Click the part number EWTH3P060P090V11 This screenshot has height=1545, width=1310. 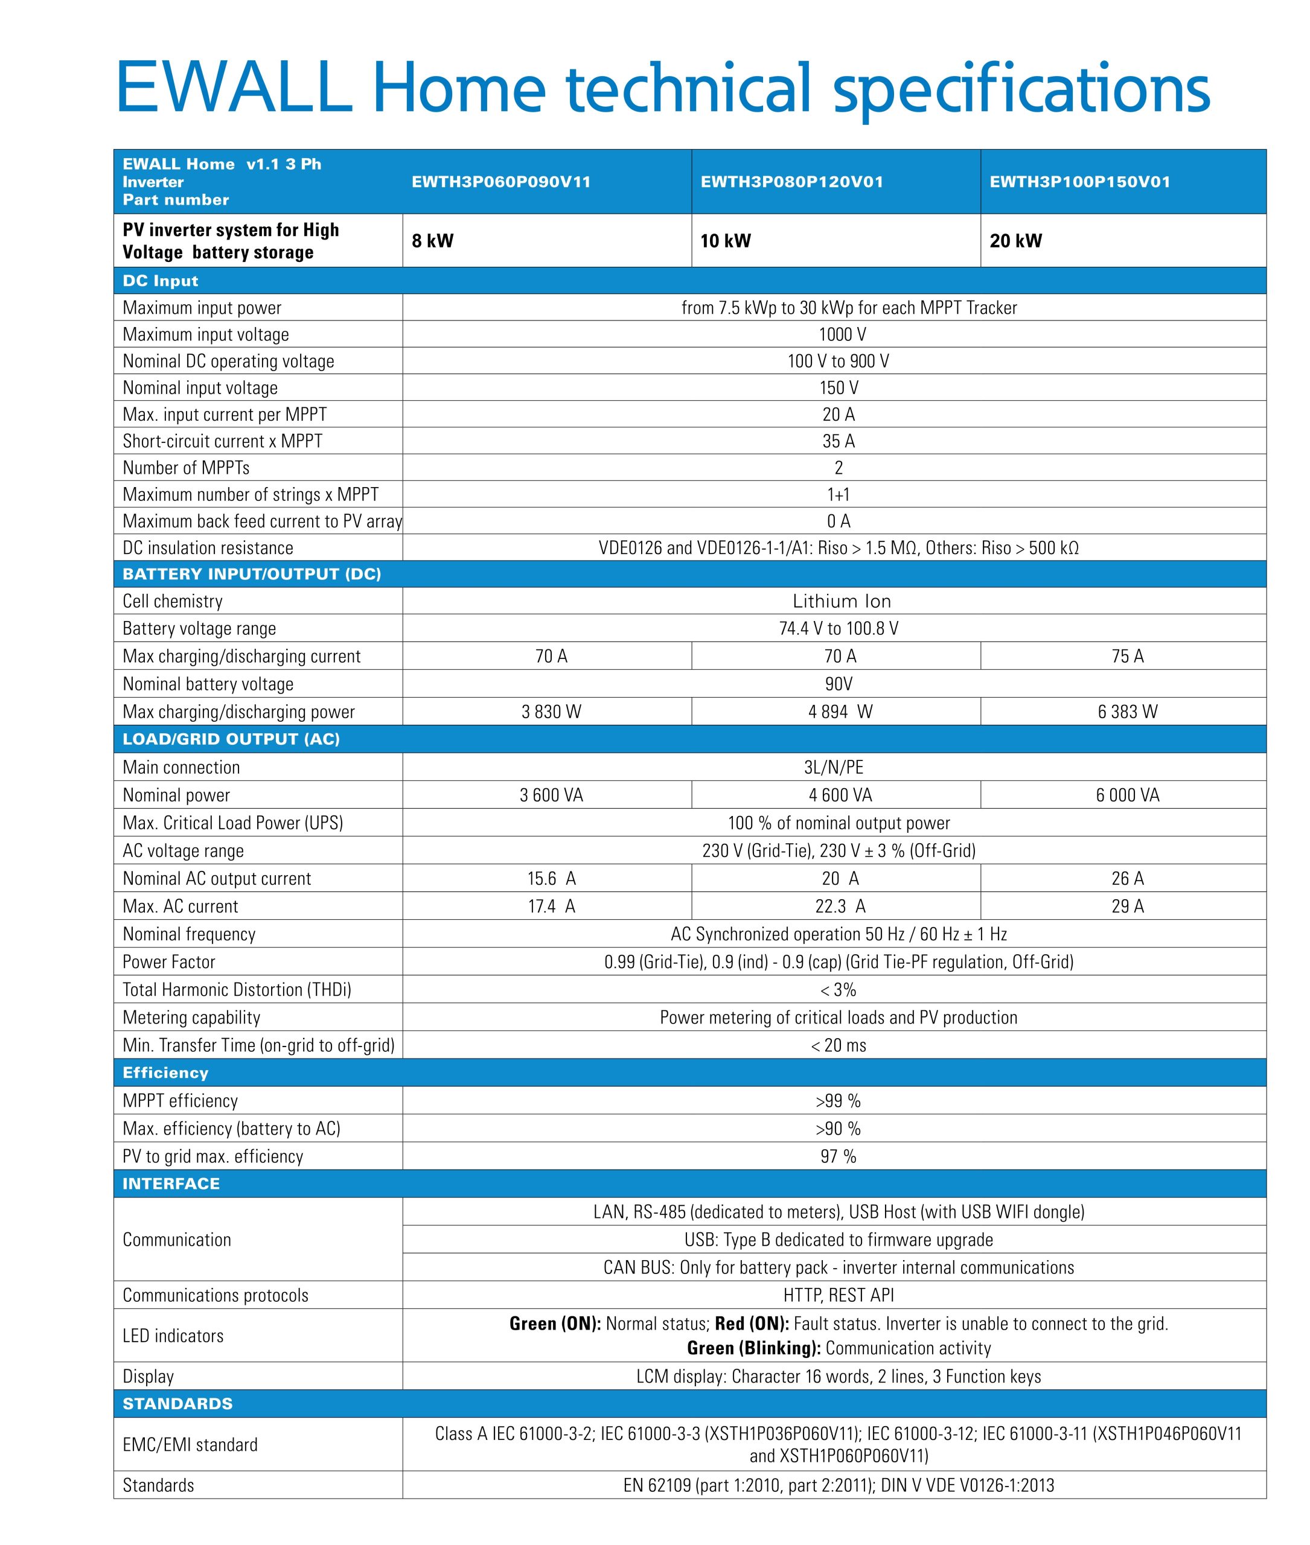[x=501, y=182]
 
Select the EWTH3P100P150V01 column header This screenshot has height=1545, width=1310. [x=1080, y=182]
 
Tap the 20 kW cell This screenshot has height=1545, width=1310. [x=1015, y=241]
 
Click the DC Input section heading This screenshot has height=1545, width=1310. [x=161, y=281]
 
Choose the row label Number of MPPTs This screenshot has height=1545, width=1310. [x=186, y=468]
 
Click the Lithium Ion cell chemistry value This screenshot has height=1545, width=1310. [x=842, y=601]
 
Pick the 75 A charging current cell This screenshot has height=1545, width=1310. [x=1127, y=656]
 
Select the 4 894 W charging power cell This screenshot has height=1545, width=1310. [x=840, y=712]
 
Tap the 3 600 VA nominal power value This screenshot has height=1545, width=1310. [x=551, y=795]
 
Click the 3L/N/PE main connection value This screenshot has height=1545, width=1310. [x=834, y=767]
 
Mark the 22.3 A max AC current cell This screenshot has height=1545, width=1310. [x=840, y=906]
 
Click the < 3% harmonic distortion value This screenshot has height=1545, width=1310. [x=839, y=990]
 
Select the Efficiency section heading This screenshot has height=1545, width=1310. [x=165, y=1073]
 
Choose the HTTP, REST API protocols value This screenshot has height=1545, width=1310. [x=839, y=1296]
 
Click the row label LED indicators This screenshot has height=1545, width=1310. [x=173, y=1336]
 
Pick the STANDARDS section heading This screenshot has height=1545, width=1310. [x=177, y=1404]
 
